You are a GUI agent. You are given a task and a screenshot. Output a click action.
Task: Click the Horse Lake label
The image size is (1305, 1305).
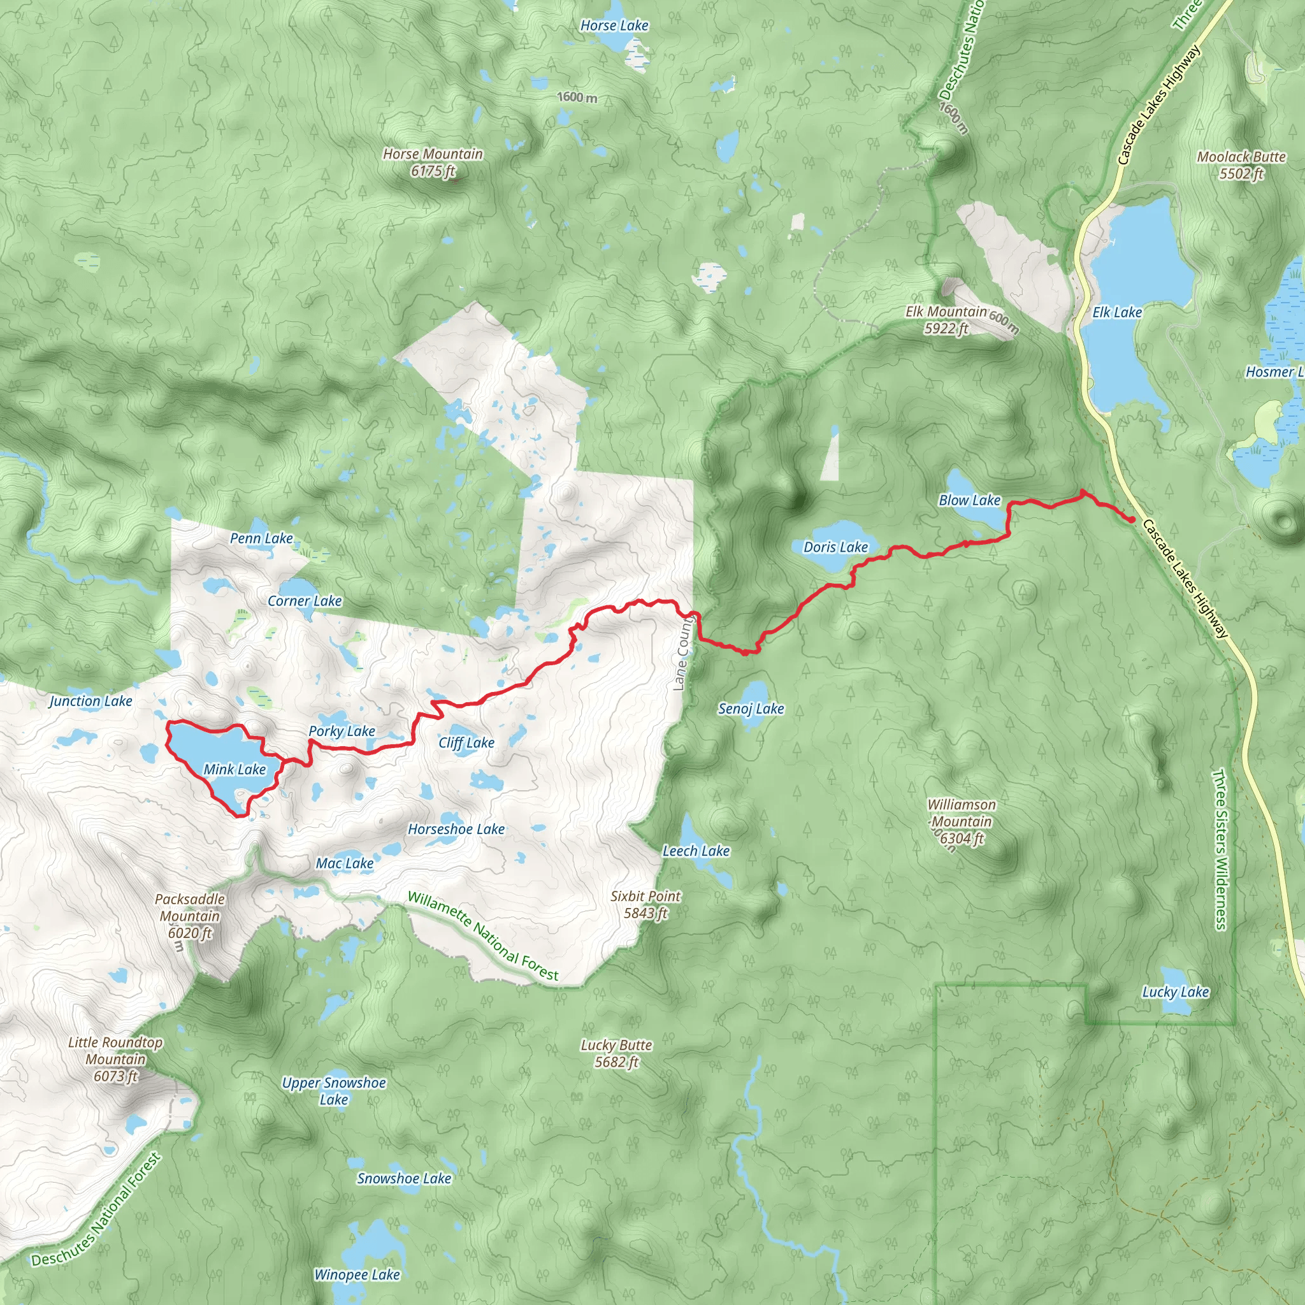tap(614, 25)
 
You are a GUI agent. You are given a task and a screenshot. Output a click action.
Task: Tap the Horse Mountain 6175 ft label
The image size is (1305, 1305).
tap(433, 162)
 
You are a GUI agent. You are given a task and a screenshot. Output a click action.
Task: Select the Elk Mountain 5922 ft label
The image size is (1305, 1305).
tap(946, 320)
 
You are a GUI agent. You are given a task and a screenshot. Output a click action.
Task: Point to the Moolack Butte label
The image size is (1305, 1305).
tap(1241, 165)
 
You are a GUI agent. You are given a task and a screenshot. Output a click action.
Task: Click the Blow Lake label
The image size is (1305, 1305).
tap(969, 500)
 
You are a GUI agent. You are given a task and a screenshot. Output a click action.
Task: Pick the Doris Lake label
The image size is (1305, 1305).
tap(835, 548)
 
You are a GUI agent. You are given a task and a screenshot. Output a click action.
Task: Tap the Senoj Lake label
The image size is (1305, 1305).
tap(751, 709)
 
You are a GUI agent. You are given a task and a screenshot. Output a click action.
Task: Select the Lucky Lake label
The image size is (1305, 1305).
tap(1175, 992)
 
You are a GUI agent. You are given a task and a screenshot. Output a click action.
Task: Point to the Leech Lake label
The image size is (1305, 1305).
tap(696, 851)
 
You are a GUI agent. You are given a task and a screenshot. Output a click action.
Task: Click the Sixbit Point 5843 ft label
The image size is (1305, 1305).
tap(645, 905)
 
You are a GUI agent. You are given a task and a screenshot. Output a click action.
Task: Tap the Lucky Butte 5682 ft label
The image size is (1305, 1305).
tap(616, 1054)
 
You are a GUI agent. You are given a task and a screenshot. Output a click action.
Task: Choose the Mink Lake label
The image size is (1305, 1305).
tap(234, 770)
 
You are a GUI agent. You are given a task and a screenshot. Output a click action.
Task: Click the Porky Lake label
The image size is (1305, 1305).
tap(342, 732)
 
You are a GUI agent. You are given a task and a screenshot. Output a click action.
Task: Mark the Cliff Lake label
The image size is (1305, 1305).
tap(466, 743)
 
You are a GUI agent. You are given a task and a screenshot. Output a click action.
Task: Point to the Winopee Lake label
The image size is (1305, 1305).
tap(357, 1275)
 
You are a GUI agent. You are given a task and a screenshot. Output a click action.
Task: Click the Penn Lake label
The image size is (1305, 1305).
tap(261, 539)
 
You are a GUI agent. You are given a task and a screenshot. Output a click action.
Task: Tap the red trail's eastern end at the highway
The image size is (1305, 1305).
tap(1132, 519)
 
